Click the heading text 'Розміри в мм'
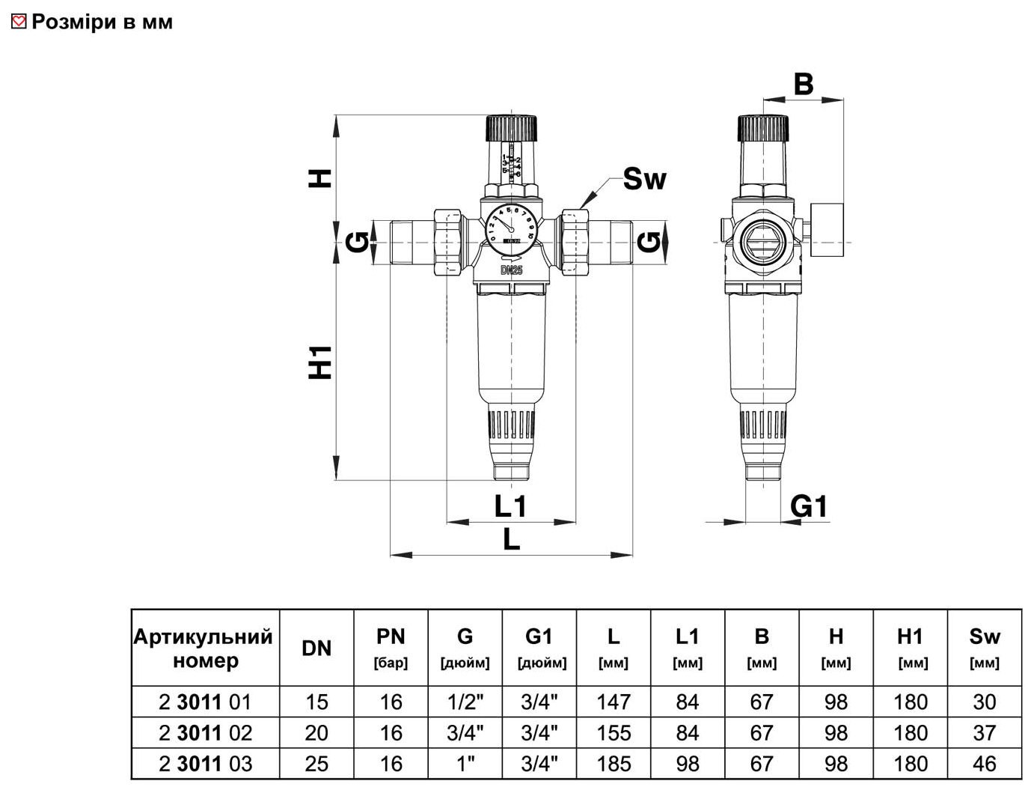tap(102, 22)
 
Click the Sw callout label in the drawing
tap(643, 179)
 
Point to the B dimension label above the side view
tap(803, 84)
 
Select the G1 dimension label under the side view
tap(809, 507)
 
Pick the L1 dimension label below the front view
tap(510, 507)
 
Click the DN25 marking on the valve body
tap(511, 270)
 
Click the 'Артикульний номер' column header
tap(204, 648)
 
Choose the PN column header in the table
tap(391, 648)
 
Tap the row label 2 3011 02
tap(205, 732)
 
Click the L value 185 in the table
tap(613, 764)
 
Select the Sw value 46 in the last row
tap(984, 764)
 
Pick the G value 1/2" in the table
tap(465, 702)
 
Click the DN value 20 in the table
tap(316, 732)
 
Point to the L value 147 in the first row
tap(613, 702)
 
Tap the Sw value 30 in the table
tap(984, 702)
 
